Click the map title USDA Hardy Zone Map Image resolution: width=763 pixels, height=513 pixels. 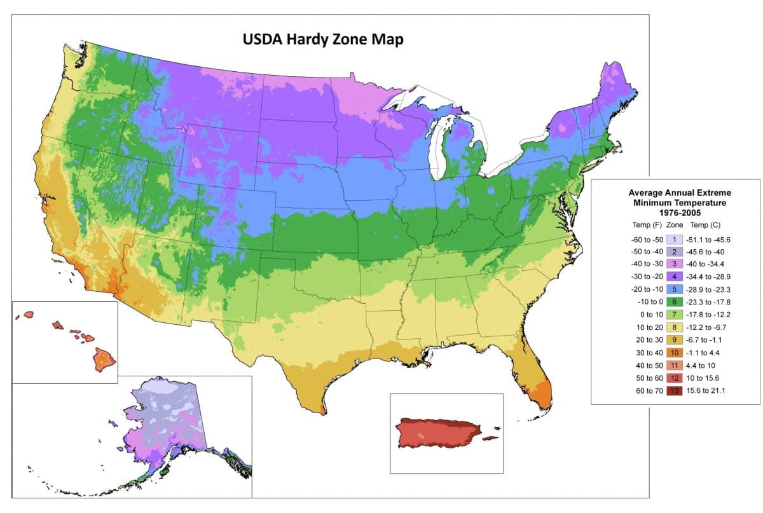pos(323,39)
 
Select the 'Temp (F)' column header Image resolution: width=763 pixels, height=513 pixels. pos(646,225)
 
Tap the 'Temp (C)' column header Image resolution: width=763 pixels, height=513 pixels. pos(705,225)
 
